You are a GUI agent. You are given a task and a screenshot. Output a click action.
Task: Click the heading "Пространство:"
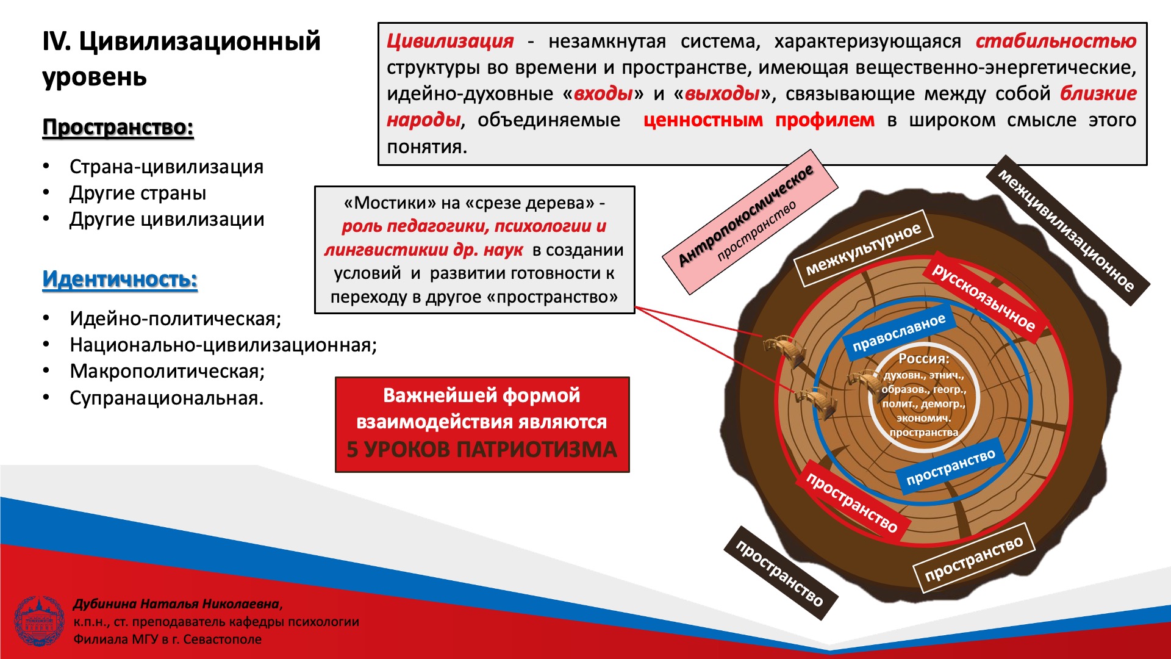(x=118, y=128)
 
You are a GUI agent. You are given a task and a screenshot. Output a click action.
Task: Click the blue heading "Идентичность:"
(x=120, y=279)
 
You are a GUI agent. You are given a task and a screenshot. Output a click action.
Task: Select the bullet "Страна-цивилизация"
(x=167, y=167)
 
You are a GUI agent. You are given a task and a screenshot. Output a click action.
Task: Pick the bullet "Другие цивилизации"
(x=167, y=220)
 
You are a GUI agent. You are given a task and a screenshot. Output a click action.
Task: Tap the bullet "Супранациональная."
(x=167, y=398)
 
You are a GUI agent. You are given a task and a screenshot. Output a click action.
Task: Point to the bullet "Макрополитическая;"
(x=167, y=371)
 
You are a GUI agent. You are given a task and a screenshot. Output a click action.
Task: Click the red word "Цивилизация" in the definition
(x=450, y=41)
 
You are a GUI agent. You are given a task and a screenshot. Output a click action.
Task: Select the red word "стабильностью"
(x=1056, y=41)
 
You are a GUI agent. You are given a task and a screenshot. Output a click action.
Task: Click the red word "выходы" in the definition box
(x=722, y=93)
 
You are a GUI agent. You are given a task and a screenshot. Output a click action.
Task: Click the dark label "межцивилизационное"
(x=1068, y=231)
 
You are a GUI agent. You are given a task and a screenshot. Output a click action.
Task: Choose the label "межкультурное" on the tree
(x=864, y=248)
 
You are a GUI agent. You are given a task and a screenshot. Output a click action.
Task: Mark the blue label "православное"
(x=898, y=333)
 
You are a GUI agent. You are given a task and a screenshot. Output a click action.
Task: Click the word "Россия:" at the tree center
(x=923, y=359)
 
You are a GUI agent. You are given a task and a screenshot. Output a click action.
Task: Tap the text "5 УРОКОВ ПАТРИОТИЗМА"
(x=482, y=450)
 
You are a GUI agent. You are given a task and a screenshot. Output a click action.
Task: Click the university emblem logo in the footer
(x=39, y=621)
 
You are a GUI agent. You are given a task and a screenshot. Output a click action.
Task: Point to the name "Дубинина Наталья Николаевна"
(x=176, y=604)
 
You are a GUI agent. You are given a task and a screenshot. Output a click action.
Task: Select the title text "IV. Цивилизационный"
(x=182, y=41)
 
